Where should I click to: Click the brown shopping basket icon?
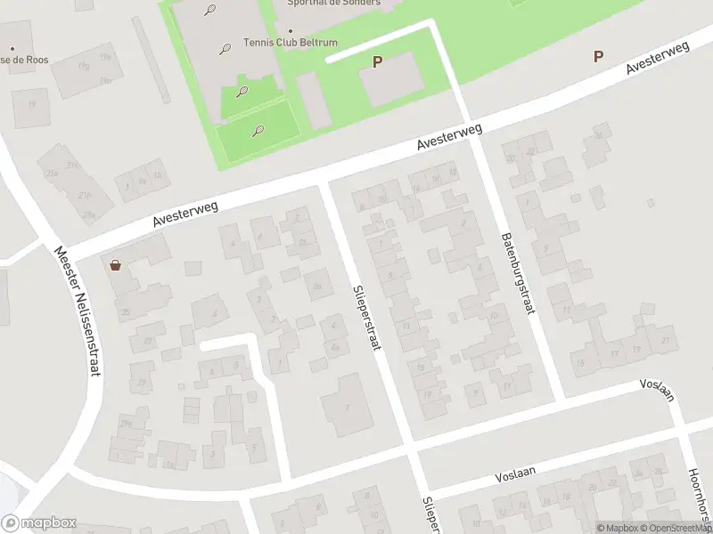(115, 264)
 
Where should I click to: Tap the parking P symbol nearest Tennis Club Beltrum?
(377, 61)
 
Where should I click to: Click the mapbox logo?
(38, 523)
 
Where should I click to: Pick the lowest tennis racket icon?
(258, 131)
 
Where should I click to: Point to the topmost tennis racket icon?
(209, 11)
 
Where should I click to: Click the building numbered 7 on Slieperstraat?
(348, 407)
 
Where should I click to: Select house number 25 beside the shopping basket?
(126, 311)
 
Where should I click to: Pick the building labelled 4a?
(335, 347)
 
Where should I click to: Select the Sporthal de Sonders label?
(333, 3)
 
